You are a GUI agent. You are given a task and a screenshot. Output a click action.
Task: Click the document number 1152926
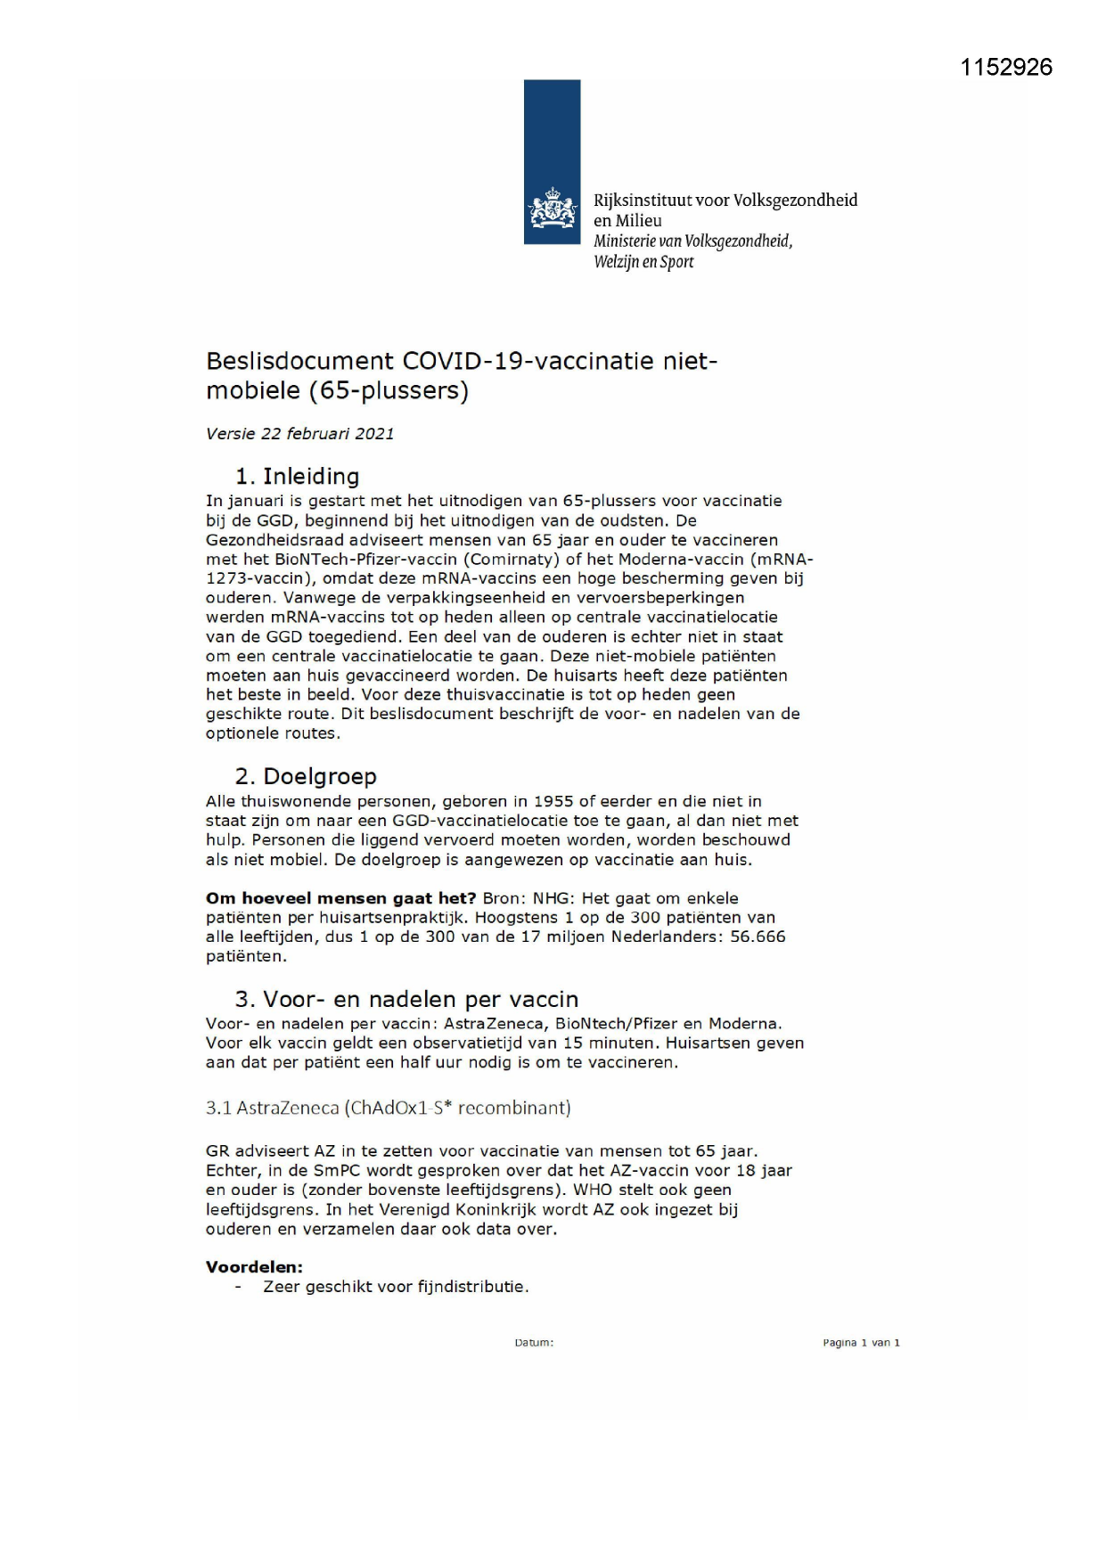tap(1006, 68)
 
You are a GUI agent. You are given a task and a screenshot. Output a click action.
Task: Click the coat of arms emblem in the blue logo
tap(552, 209)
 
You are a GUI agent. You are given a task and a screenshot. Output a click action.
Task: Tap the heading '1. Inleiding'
tap(297, 476)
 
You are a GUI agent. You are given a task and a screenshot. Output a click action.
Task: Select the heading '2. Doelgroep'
tap(306, 776)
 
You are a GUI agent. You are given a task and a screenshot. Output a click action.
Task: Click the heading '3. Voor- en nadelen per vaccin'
tap(406, 999)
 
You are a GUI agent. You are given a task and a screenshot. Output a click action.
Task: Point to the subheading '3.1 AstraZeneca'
tap(388, 1108)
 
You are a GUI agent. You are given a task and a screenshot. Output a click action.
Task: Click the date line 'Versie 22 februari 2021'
tap(299, 434)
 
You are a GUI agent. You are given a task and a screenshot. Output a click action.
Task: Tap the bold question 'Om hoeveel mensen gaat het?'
tap(340, 898)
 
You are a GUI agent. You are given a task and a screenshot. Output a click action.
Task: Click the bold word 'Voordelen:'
tap(254, 1266)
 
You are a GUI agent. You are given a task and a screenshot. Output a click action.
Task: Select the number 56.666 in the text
tap(758, 937)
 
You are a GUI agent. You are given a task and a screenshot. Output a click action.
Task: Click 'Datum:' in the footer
tap(534, 1343)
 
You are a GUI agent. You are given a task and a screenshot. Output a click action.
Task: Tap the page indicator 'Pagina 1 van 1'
tap(861, 1343)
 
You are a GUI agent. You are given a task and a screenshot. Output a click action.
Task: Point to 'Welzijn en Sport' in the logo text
tap(643, 262)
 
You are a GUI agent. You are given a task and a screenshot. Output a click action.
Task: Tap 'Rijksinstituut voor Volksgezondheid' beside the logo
tap(725, 200)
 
